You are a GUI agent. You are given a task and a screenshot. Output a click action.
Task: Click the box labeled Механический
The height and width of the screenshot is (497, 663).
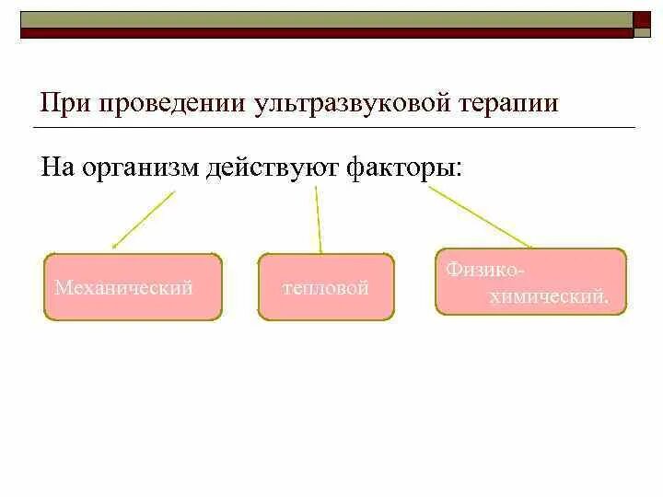(133, 287)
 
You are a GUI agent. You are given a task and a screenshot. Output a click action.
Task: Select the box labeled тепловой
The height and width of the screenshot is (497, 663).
(326, 287)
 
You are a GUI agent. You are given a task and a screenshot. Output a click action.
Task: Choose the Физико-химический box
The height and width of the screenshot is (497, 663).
(530, 282)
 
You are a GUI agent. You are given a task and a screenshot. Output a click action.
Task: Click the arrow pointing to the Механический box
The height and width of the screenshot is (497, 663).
(143, 220)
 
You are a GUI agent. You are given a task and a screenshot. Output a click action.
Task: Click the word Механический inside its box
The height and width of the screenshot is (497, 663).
(123, 288)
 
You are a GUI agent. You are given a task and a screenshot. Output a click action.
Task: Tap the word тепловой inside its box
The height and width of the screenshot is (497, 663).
(326, 289)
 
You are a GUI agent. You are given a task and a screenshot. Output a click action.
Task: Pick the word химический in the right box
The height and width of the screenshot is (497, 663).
(549, 297)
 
